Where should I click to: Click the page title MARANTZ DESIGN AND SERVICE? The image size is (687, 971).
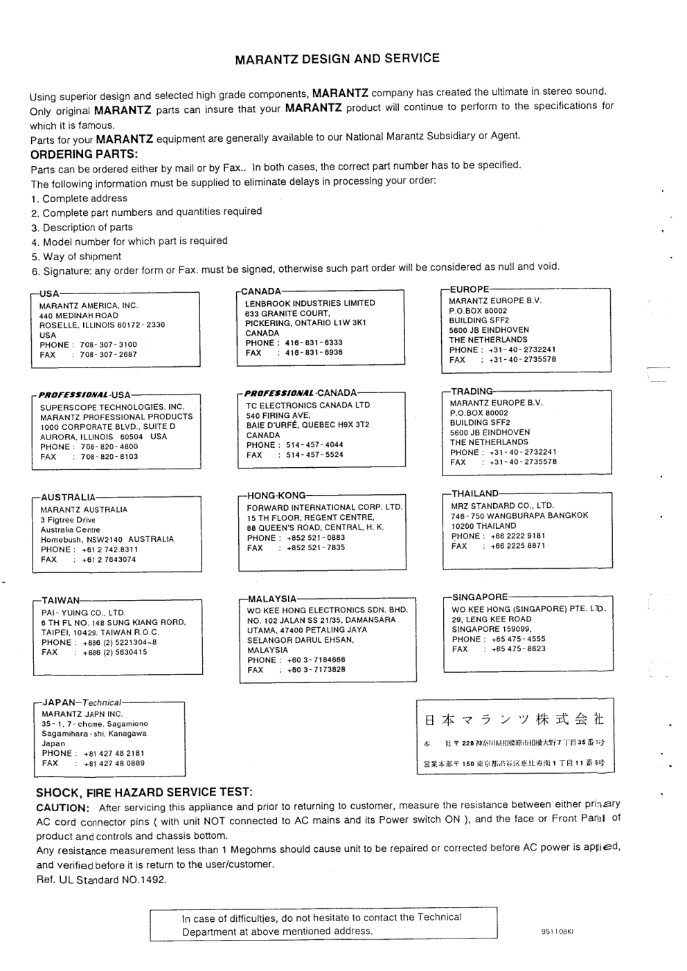click(x=337, y=59)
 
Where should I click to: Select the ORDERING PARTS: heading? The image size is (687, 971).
click(x=84, y=154)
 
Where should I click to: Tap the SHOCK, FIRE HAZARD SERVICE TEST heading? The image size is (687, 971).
click(x=144, y=792)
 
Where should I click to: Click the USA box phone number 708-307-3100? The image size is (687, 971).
click(x=108, y=345)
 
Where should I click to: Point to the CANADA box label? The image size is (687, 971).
click(x=261, y=291)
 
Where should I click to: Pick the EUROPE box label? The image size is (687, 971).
click(x=469, y=289)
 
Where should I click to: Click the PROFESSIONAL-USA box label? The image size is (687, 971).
click(x=84, y=395)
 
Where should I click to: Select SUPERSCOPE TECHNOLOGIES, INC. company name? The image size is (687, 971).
click(x=112, y=407)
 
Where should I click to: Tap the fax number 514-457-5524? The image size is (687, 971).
click(x=314, y=455)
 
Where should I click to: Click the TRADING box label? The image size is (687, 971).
click(x=472, y=391)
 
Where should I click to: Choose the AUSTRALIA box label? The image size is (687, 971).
click(x=68, y=497)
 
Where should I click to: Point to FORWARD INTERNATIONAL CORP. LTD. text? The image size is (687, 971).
click(x=324, y=507)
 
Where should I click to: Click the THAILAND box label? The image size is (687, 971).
click(x=474, y=493)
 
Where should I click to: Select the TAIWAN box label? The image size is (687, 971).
click(x=60, y=601)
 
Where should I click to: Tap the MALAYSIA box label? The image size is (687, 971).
click(x=271, y=599)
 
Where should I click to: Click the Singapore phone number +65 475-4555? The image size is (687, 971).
click(x=517, y=639)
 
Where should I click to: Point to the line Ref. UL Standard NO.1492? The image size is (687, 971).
click(x=101, y=880)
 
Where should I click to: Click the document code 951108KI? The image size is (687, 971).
click(x=557, y=932)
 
